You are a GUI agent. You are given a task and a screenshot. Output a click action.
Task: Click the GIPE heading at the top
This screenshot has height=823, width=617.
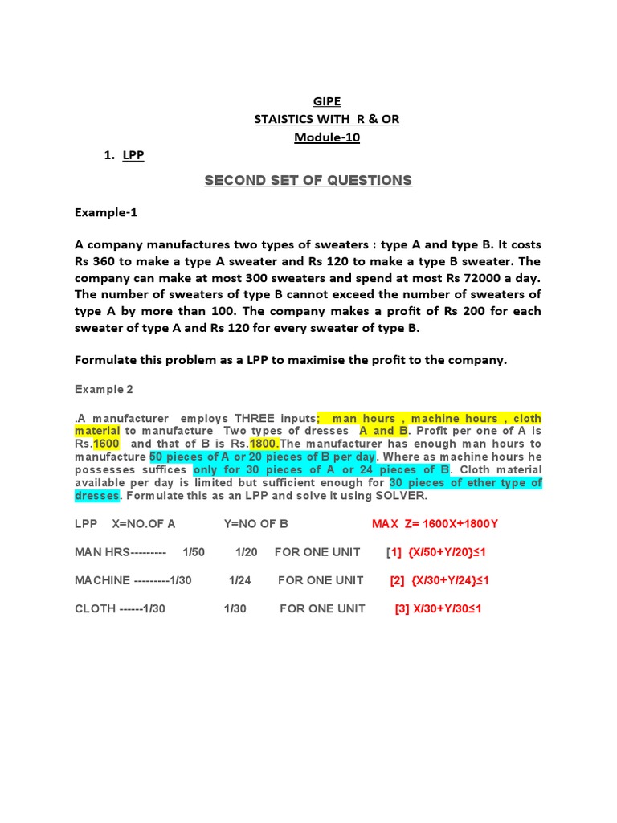pos(326,101)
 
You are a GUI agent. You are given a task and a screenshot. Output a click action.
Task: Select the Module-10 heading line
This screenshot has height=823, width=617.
pos(326,137)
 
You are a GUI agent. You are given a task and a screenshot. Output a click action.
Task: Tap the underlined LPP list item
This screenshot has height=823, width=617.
pos(133,155)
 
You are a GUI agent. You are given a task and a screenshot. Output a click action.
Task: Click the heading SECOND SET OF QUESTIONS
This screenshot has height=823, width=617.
pos(308,180)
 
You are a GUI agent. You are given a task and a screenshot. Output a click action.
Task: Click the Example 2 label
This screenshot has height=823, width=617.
pos(104,389)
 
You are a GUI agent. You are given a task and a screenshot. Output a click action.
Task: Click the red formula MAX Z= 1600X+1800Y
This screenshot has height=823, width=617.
pos(435,525)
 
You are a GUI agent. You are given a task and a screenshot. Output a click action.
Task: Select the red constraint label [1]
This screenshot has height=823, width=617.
pos(394,553)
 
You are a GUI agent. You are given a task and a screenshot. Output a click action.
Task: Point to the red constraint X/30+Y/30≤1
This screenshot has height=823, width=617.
pos(447,608)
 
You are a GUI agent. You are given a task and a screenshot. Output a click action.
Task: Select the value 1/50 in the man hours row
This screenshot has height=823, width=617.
pos(194,553)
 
